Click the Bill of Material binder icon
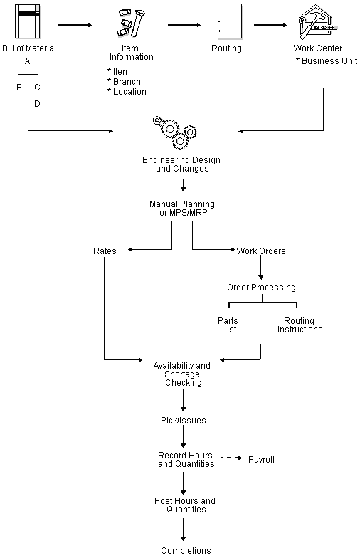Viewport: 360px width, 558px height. click(28, 22)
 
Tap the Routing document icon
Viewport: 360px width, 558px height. click(226, 22)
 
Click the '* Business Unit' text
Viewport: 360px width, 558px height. click(326, 61)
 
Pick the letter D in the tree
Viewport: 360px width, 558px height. click(37, 104)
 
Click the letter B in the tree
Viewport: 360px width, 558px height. click(19, 88)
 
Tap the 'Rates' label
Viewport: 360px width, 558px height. click(104, 251)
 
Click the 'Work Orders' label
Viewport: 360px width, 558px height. click(261, 251)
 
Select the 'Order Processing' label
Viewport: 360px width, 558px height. click(261, 288)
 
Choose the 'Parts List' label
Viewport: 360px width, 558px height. click(228, 325)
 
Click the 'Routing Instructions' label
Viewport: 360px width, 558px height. click(300, 325)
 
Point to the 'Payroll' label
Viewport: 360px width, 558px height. click(261, 460)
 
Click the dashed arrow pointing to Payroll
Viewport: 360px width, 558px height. click(231, 459)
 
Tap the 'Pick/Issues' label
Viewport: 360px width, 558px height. click(184, 421)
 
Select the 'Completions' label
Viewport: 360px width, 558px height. click(186, 550)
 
